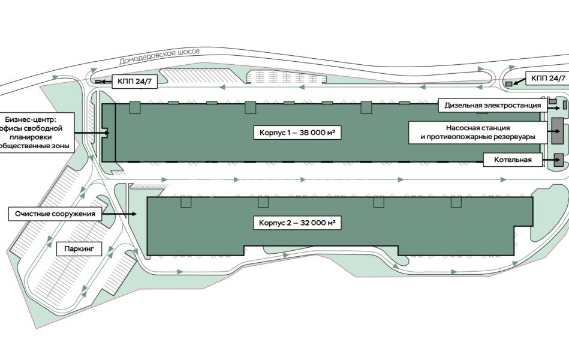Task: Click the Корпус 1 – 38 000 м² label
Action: click(x=297, y=133)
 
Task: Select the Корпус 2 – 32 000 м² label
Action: click(x=297, y=223)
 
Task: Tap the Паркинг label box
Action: click(x=79, y=249)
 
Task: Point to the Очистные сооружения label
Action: click(x=55, y=214)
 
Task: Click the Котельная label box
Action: click(x=513, y=160)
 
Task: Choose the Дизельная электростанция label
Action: click(x=492, y=106)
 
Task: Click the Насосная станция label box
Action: click(x=477, y=132)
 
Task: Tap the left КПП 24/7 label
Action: click(x=135, y=82)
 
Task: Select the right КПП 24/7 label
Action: click(x=548, y=78)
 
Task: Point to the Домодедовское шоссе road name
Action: click(x=159, y=56)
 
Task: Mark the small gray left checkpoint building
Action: click(x=98, y=82)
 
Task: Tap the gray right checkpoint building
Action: click(x=509, y=84)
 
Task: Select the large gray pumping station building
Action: click(x=558, y=130)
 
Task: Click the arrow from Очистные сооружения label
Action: click(x=119, y=214)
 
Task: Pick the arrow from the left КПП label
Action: click(x=107, y=82)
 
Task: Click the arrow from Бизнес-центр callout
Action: click(x=92, y=133)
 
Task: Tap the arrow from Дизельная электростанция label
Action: click(x=553, y=107)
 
